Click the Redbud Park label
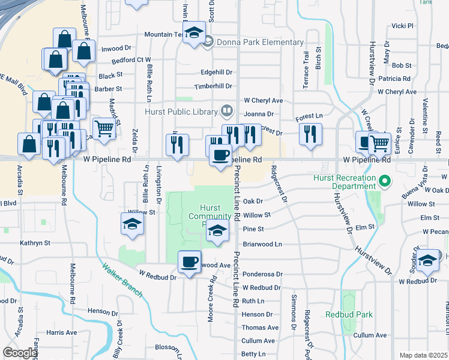[349, 314]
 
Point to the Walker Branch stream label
[122, 280]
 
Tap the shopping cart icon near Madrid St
[104, 128]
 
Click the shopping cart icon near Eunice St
[379, 143]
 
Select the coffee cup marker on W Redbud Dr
[190, 262]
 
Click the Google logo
[19, 353]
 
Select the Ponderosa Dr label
[262, 274]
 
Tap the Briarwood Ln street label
[262, 245]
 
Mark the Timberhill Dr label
[216, 86]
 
